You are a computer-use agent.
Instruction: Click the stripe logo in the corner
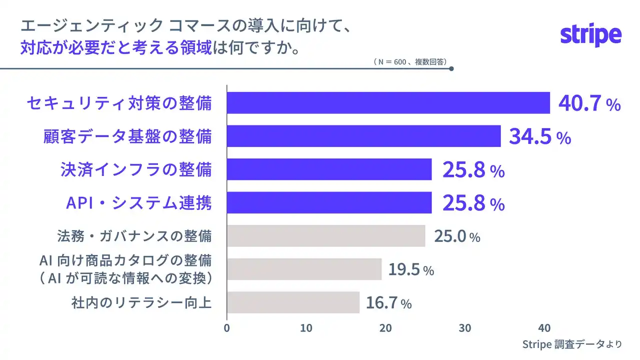pyautogui.click(x=590, y=35)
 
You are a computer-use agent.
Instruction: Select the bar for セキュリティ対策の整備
pyautogui.click(x=388, y=103)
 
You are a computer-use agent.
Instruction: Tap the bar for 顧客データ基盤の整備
pyautogui.click(x=363, y=136)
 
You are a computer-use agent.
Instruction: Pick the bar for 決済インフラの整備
pyautogui.click(x=329, y=169)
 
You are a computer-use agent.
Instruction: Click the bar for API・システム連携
pyautogui.click(x=329, y=202)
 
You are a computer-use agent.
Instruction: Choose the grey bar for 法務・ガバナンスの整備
pyautogui.click(x=326, y=236)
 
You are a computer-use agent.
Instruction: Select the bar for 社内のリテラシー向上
pyautogui.click(x=293, y=302)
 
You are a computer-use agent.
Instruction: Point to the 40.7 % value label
pyautogui.click(x=589, y=103)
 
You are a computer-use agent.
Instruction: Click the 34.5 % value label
pyautogui.click(x=539, y=136)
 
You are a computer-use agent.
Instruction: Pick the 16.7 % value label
pyautogui.click(x=388, y=303)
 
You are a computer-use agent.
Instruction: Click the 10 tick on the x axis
pyautogui.click(x=306, y=328)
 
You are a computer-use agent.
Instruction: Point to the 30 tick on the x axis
pyautogui.click(x=465, y=328)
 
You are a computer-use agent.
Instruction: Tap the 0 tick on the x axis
pyautogui.click(x=227, y=328)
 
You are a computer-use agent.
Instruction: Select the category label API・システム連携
pyautogui.click(x=139, y=202)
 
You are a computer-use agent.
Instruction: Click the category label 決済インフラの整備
pyautogui.click(x=135, y=169)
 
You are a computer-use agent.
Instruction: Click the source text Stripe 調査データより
pyautogui.click(x=572, y=344)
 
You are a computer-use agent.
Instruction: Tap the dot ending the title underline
pyautogui.click(x=451, y=69)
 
